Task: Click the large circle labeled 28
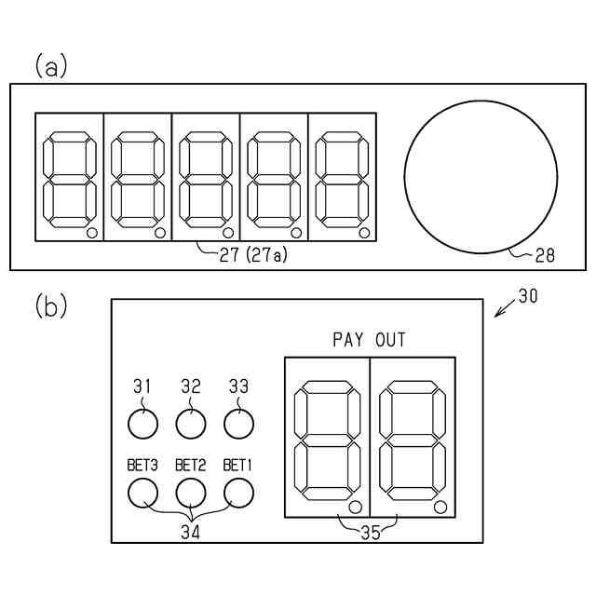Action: pyautogui.click(x=481, y=177)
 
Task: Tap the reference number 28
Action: pyautogui.click(x=545, y=255)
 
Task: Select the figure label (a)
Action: pyautogui.click(x=51, y=66)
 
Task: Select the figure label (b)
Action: pyautogui.click(x=51, y=306)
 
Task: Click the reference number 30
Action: pyautogui.click(x=527, y=297)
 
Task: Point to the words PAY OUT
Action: pyautogui.click(x=370, y=340)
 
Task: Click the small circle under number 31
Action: pyautogui.click(x=142, y=425)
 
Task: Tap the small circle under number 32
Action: pyautogui.click(x=191, y=425)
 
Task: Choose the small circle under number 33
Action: pyautogui.click(x=239, y=425)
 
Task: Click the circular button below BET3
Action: pyautogui.click(x=142, y=492)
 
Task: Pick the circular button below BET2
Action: pyautogui.click(x=191, y=492)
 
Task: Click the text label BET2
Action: pyautogui.click(x=190, y=465)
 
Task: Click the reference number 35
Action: pyautogui.click(x=370, y=534)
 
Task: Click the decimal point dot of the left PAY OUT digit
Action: pyautogui.click(x=354, y=507)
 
